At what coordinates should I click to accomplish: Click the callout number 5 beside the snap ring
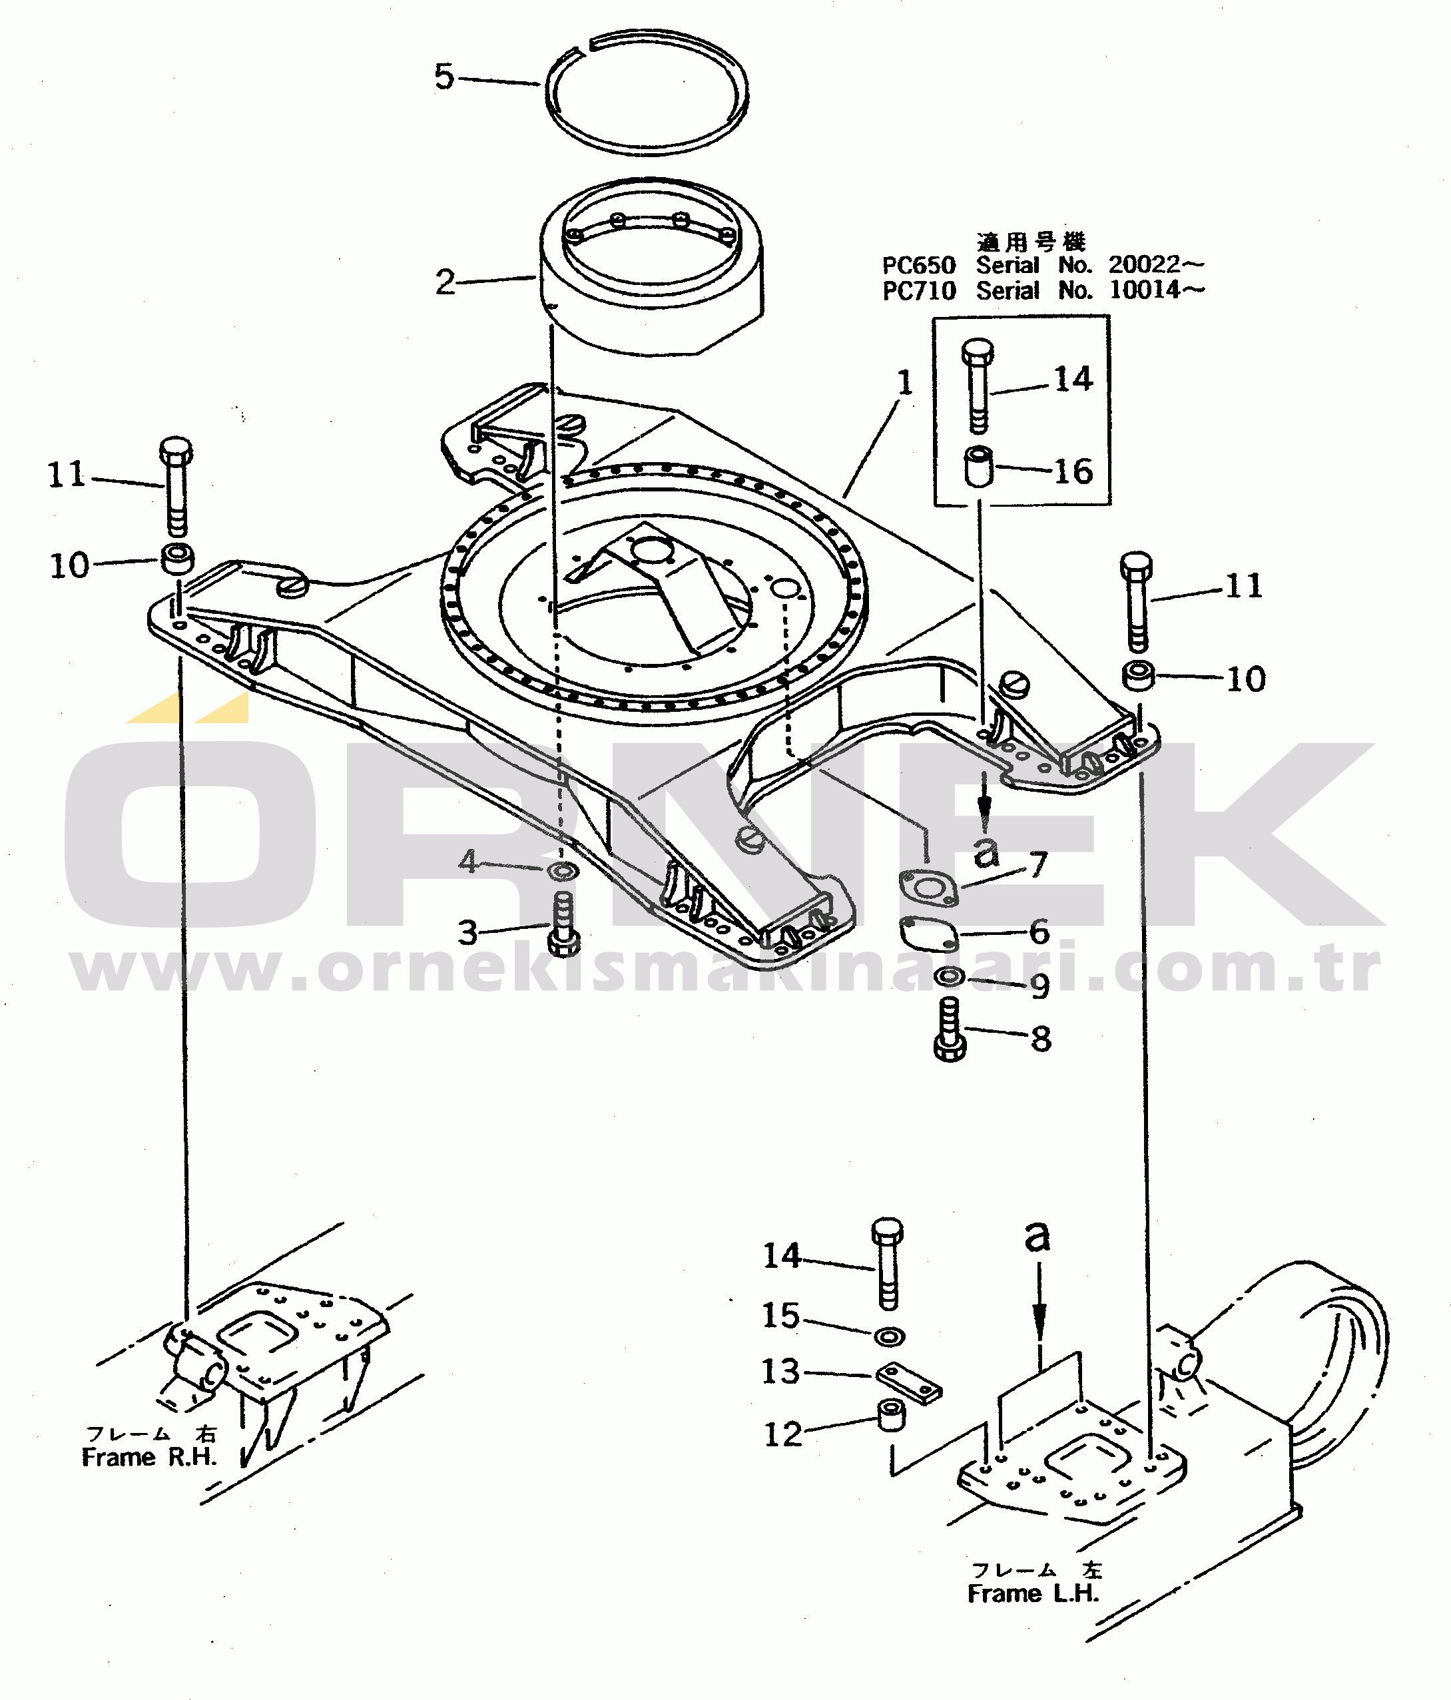tap(444, 77)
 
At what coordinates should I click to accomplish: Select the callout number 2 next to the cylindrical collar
tap(445, 282)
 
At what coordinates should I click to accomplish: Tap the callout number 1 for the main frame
tap(905, 382)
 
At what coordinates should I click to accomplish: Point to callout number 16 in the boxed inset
tap(1073, 471)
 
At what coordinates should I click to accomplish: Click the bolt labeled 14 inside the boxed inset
tap(977, 386)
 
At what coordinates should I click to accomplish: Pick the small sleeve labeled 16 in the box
tap(978, 465)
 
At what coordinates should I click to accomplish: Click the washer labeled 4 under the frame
tap(562, 870)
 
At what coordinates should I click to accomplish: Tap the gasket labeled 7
tap(929, 888)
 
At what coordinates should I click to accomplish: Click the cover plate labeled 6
tap(928, 933)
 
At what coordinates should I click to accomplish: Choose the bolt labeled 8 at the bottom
tap(950, 1029)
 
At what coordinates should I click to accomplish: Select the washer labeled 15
tap(889, 1337)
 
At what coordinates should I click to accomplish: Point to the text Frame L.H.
tap(1033, 1594)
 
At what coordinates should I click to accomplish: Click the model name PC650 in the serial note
tap(918, 266)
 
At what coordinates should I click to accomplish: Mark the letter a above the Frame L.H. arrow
tap(1037, 1236)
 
